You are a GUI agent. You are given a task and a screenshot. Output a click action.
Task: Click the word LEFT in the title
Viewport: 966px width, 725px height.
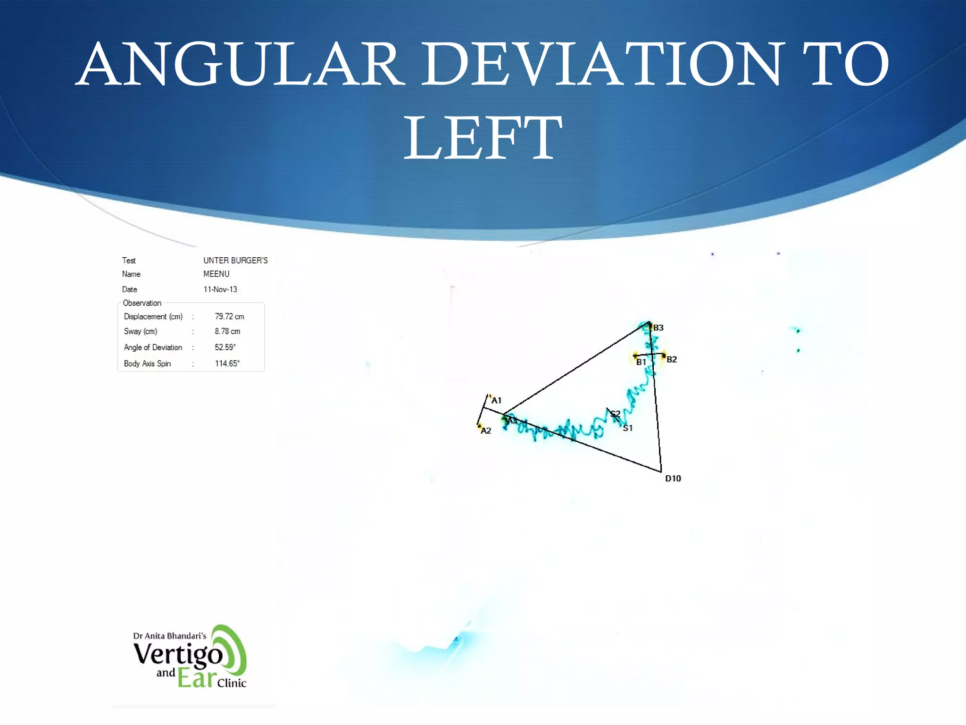click(x=483, y=138)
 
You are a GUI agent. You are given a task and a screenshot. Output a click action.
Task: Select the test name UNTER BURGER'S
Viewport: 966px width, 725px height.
click(x=235, y=261)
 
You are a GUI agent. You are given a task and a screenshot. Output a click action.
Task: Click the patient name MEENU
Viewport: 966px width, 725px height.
click(x=217, y=274)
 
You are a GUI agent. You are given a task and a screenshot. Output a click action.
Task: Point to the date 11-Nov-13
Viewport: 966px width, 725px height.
click(x=220, y=289)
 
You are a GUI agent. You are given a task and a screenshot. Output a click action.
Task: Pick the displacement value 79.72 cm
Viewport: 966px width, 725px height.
click(x=230, y=317)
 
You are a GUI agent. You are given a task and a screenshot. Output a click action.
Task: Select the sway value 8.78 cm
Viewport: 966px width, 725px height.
click(x=227, y=332)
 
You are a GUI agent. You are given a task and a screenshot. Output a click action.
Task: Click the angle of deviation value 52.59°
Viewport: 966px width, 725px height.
click(x=225, y=347)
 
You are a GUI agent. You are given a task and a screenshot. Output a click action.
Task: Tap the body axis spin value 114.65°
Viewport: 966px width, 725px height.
click(x=227, y=363)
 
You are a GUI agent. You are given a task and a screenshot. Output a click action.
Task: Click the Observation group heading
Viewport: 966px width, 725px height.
click(x=142, y=303)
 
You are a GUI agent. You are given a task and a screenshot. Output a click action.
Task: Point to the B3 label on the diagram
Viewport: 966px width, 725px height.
click(x=658, y=328)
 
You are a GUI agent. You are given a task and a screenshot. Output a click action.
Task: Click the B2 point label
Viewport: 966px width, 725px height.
click(x=672, y=360)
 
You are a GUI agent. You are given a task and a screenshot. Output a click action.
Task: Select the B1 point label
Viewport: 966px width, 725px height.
click(x=641, y=362)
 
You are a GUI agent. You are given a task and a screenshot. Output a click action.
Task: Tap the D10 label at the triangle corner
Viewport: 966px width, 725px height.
click(x=673, y=479)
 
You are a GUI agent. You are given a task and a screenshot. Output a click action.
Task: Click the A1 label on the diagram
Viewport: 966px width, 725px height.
click(x=496, y=401)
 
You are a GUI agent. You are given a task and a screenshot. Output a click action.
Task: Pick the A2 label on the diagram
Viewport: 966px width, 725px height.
click(x=486, y=431)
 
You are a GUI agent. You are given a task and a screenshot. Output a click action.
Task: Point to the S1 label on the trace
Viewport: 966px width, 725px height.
click(x=628, y=429)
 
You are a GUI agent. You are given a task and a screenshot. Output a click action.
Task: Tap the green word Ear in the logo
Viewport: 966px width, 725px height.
click(x=197, y=679)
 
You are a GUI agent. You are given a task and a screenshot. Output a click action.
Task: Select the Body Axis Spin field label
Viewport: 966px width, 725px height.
click(x=147, y=363)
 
